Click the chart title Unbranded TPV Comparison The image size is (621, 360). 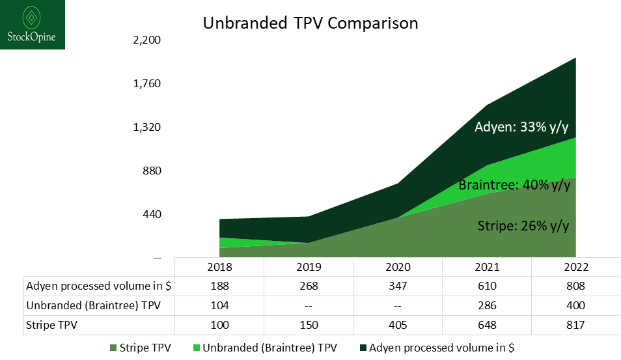pos(310,23)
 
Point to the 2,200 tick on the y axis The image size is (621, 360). pos(146,40)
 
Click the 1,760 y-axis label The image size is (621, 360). pos(146,83)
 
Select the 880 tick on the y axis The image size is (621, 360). pos(151,171)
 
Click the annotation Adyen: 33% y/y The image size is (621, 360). pos(526,127)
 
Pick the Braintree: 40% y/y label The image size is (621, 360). pos(514,185)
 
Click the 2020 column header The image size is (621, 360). pos(397,267)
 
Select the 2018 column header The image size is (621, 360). pos(219,267)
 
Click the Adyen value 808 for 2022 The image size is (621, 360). pos(575,286)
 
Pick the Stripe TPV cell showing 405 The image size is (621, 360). pos(397,324)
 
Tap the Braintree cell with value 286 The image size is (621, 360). pos(486,305)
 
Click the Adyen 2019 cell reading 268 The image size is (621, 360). pos(309,286)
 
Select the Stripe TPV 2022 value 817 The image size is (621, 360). pos(575,324)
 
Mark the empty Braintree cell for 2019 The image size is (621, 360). pos(309,305)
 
